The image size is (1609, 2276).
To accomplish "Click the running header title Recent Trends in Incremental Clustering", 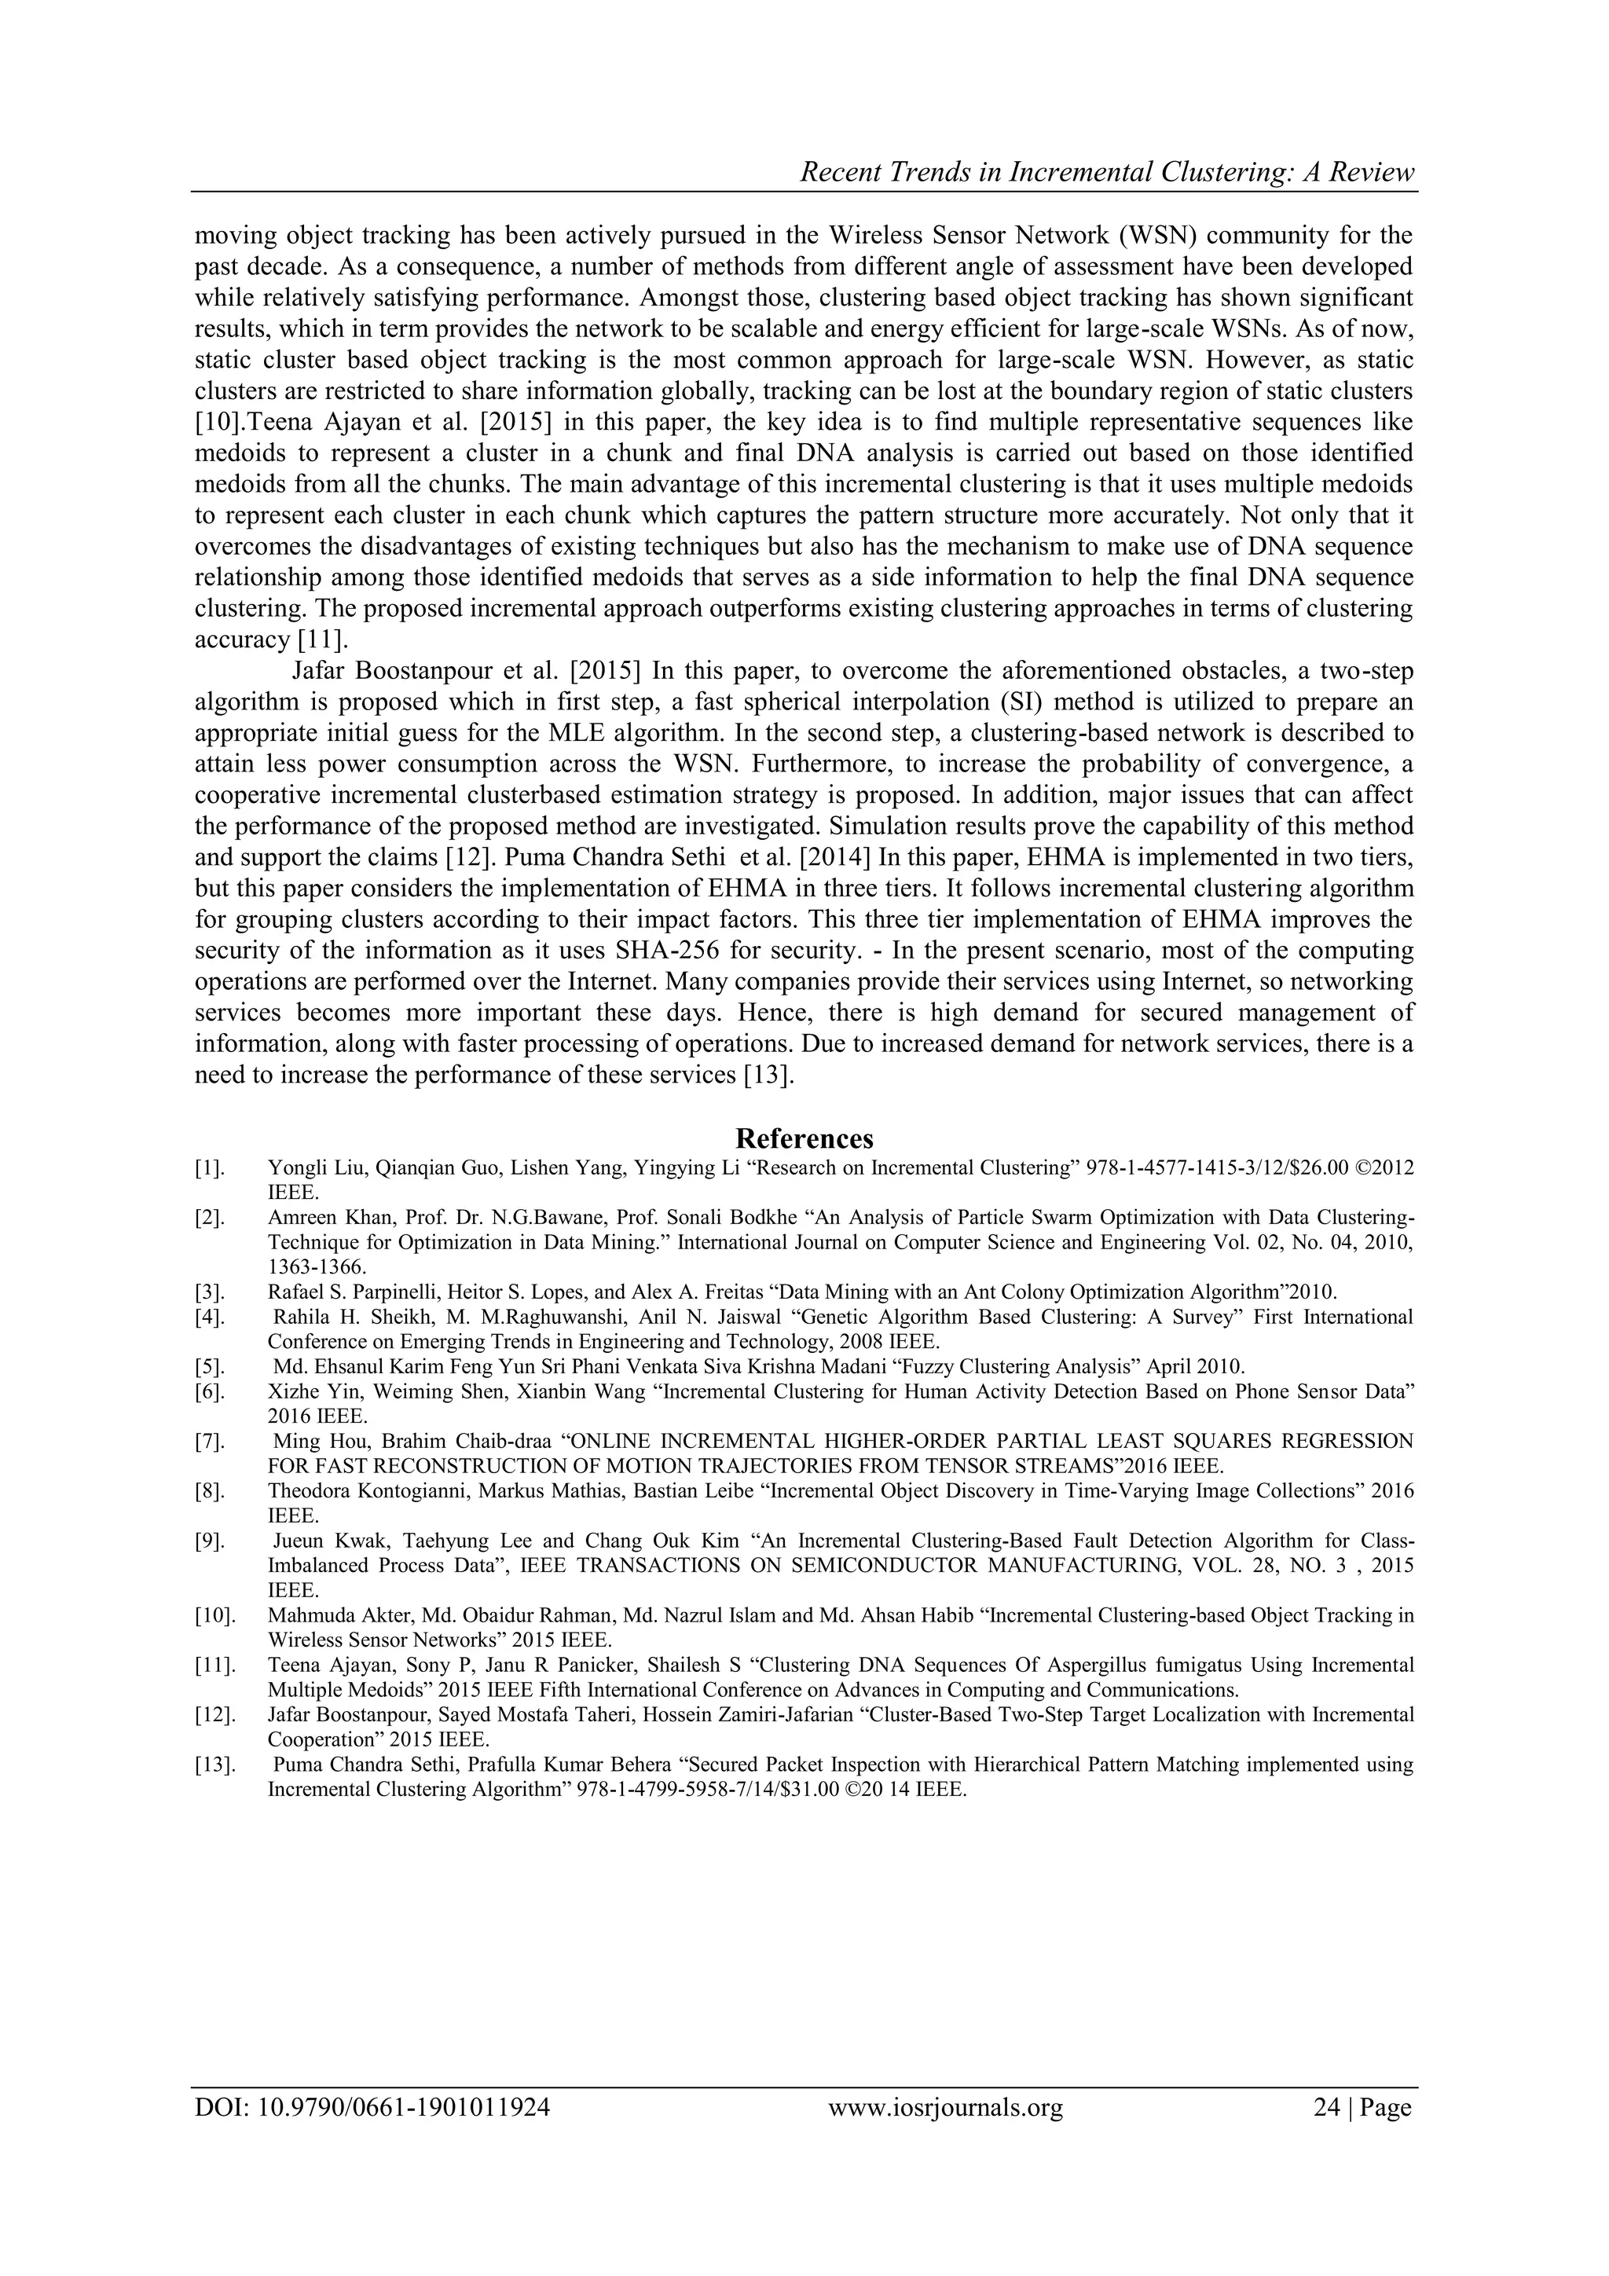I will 1106,173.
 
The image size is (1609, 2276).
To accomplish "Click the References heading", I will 804,1137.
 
